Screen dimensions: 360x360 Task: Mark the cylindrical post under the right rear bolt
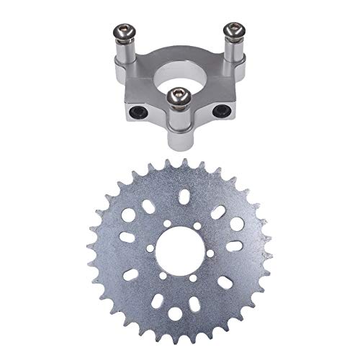coord(233,49)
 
